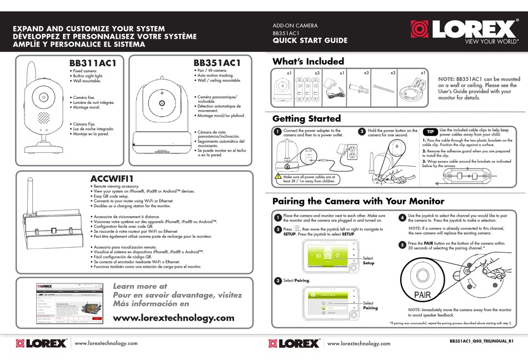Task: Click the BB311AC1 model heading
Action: pos(93,63)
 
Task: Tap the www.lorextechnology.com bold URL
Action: pos(173,318)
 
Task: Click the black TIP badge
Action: pos(431,132)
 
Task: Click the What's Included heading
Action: pos(308,61)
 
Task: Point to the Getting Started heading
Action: pos(306,118)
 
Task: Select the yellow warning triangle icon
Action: pos(280,177)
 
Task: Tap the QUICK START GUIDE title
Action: pos(310,41)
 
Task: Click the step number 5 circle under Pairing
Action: pos(402,244)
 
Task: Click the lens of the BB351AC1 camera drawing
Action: pos(161,104)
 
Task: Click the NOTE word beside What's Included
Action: pos(446,79)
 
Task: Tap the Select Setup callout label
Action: pos(368,261)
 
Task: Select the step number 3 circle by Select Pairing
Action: pos(277,281)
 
